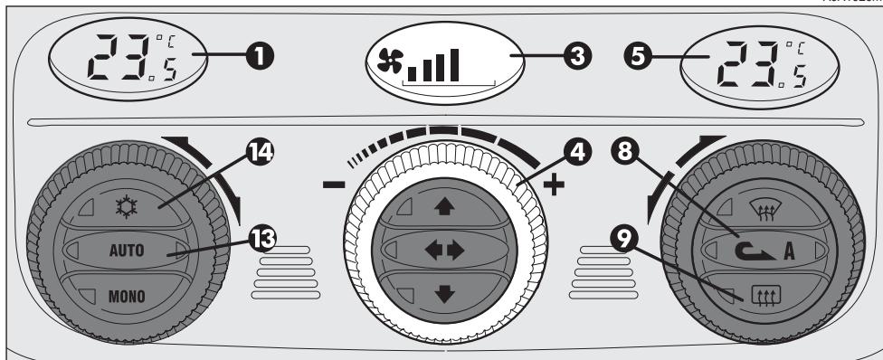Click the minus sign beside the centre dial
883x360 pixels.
click(x=334, y=185)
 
